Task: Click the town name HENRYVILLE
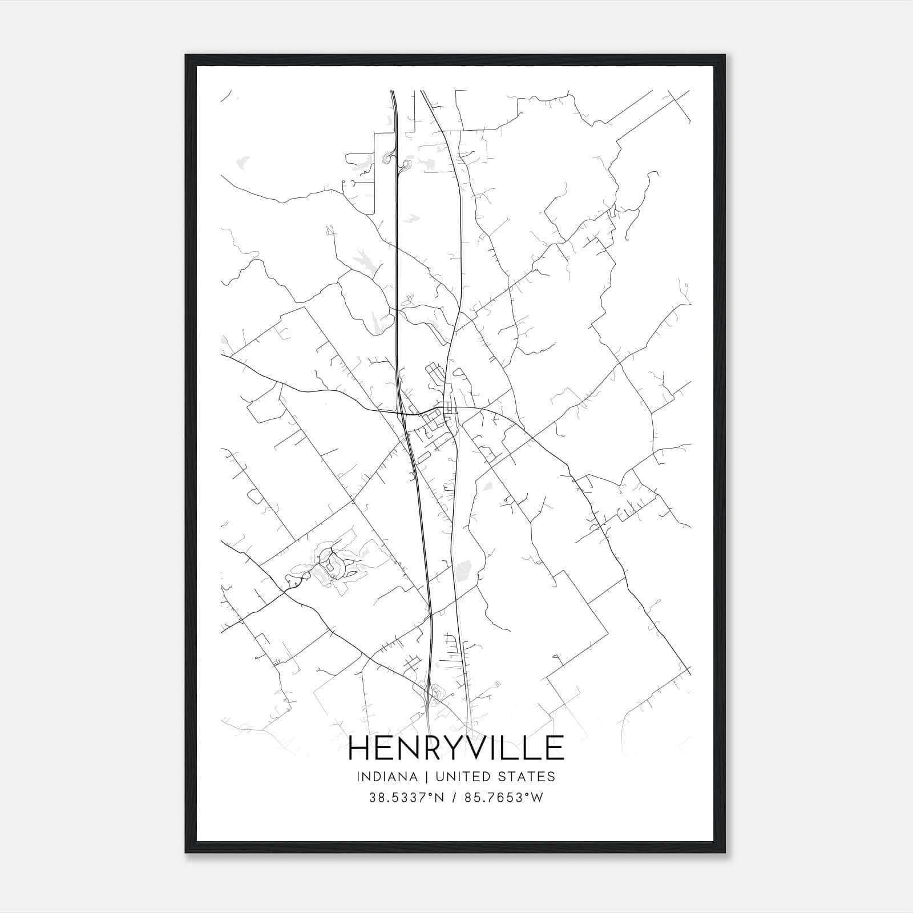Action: pos(456,748)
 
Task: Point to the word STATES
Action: pos(528,777)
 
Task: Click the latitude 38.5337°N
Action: pos(406,798)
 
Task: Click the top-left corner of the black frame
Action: pos(186,55)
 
